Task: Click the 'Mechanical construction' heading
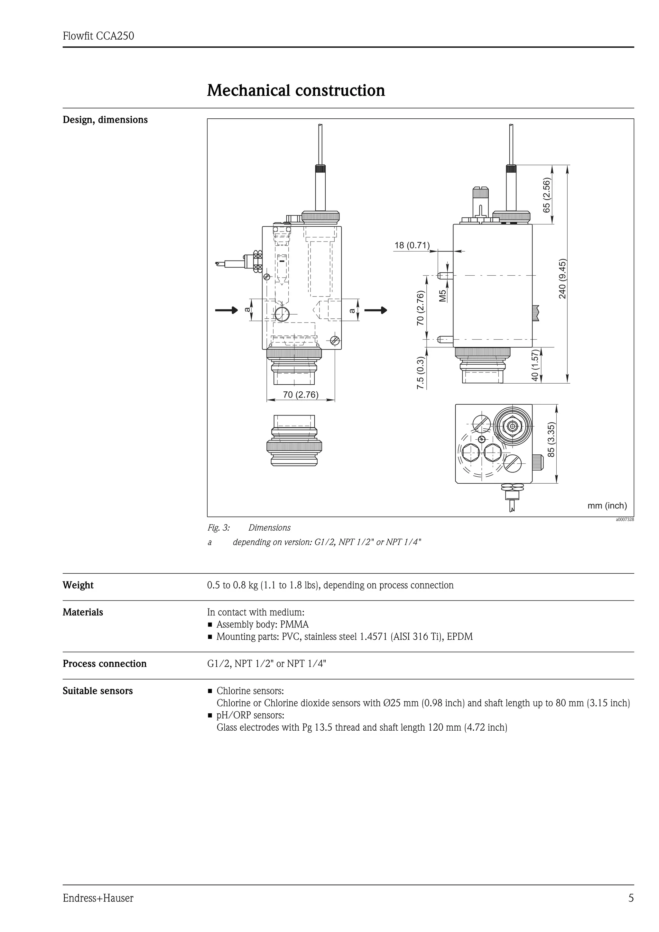coord(296,90)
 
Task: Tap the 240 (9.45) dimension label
coord(562,279)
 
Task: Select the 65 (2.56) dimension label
coord(546,195)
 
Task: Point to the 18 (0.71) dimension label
coord(412,245)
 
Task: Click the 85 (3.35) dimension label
coord(551,440)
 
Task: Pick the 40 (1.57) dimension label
coord(535,365)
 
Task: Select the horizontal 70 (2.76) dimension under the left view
coord(301,395)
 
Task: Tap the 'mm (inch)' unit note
coord(607,505)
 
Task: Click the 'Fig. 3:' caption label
coord(218,528)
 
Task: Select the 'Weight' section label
coord(78,585)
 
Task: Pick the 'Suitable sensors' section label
coord(97,691)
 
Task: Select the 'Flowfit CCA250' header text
coord(98,36)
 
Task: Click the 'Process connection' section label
coord(104,664)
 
